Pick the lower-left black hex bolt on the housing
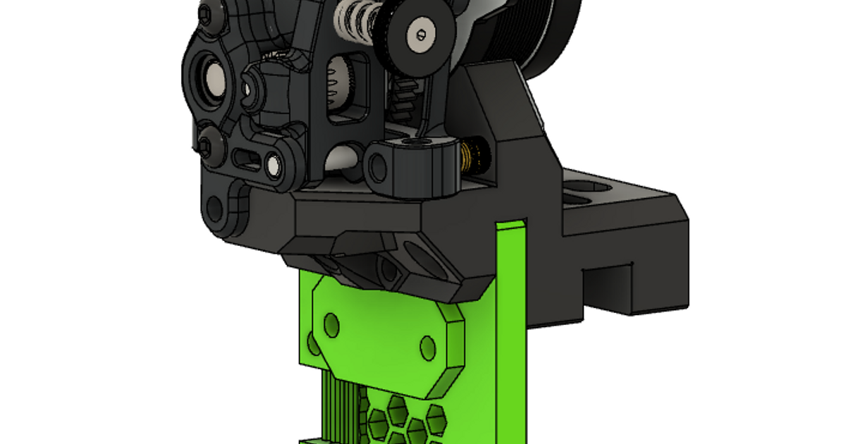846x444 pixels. [x=204, y=146]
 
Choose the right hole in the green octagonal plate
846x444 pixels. [x=428, y=348]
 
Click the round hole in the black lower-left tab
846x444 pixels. [x=215, y=209]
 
